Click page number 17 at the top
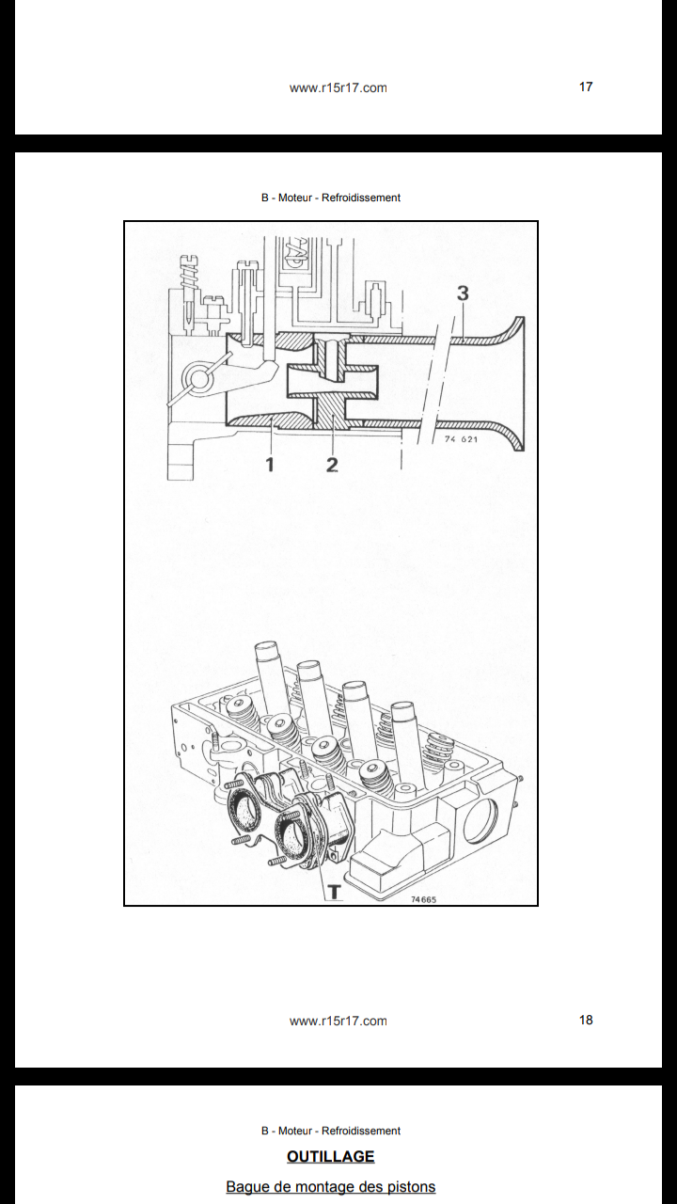(586, 87)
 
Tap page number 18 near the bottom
(586, 1020)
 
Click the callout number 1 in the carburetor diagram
(270, 464)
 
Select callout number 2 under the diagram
(332, 465)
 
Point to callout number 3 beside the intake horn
(463, 293)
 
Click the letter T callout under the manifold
(334, 892)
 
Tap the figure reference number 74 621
(461, 439)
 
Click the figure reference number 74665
(424, 899)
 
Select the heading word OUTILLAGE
(330, 1157)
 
